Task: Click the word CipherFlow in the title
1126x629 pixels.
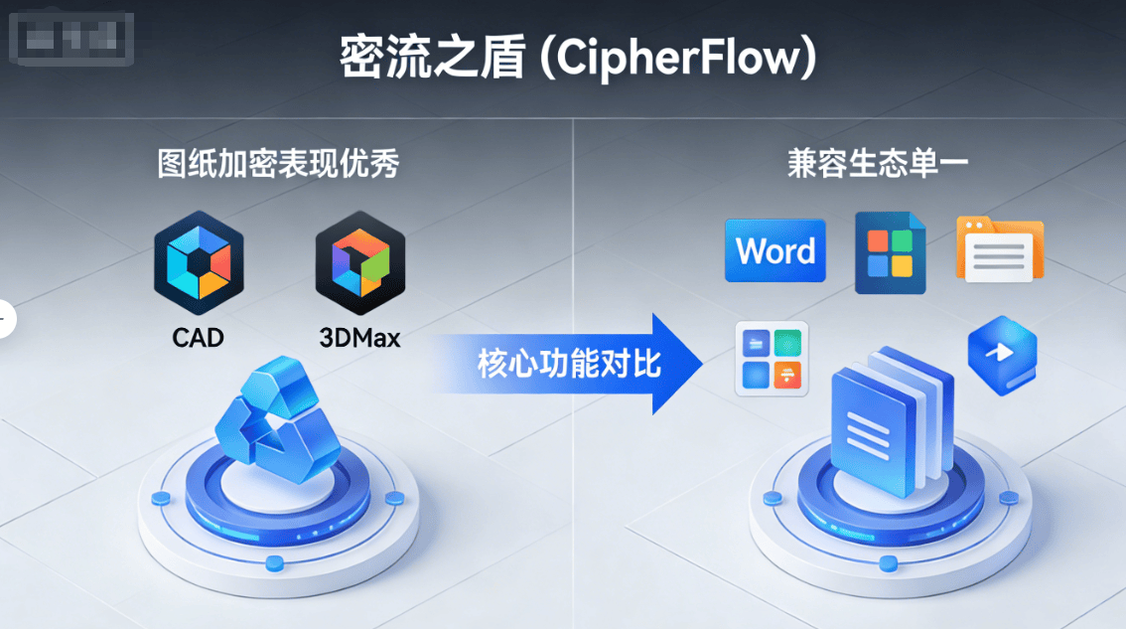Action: [674, 59]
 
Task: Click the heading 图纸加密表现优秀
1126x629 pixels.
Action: [278, 164]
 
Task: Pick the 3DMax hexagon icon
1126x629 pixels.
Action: [359, 255]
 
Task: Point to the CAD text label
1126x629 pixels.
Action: [199, 338]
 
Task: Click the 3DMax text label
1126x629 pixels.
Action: [359, 338]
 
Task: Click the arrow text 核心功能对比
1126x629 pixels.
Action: [569, 364]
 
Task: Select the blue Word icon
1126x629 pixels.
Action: [775, 250]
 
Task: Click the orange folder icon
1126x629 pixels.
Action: [999, 249]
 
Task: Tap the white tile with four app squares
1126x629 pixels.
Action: [772, 359]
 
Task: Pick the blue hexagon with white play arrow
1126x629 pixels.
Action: [1002, 354]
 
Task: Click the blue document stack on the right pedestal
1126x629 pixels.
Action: [886, 421]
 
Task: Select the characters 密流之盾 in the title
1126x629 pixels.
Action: [431, 59]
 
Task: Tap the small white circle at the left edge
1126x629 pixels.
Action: [5, 319]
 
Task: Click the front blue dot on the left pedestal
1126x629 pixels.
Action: [276, 563]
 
